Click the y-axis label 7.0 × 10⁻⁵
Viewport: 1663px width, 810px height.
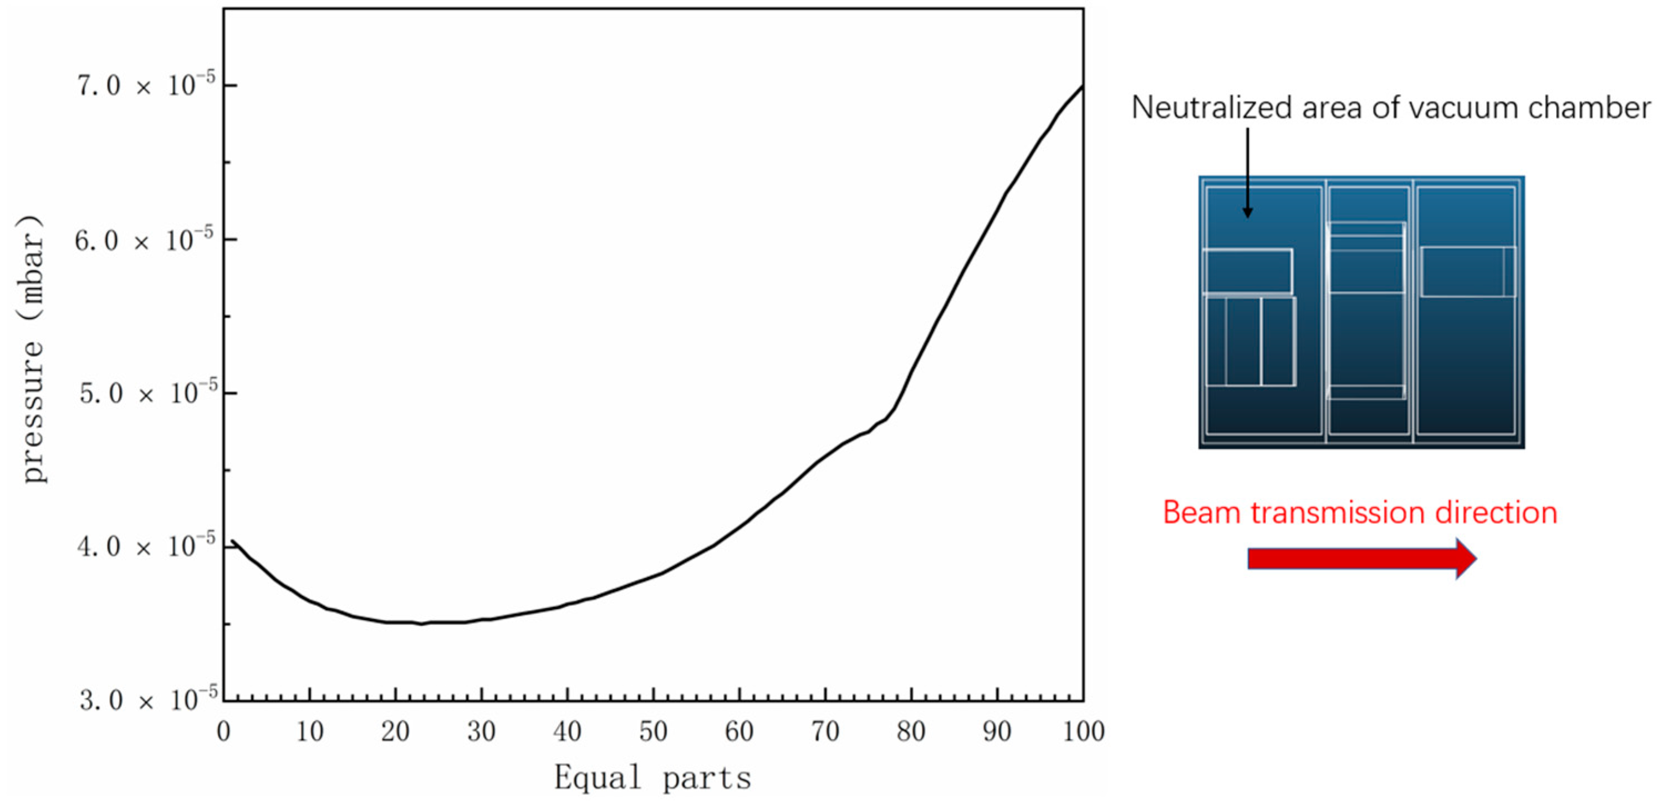[146, 85]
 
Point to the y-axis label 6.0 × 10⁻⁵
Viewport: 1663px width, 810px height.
[144, 240]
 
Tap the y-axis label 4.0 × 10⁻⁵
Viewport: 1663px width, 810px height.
[146, 546]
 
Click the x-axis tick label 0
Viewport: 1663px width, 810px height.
[223, 732]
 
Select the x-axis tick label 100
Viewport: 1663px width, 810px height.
[1083, 732]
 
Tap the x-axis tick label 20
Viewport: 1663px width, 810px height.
[395, 732]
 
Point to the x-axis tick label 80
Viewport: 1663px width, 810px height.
[911, 732]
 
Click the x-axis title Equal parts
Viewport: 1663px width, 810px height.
[652, 778]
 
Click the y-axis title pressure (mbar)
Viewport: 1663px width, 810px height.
[32, 349]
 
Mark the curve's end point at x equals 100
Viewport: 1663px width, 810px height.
[1083, 86]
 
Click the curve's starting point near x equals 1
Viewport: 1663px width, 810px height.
[232, 541]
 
